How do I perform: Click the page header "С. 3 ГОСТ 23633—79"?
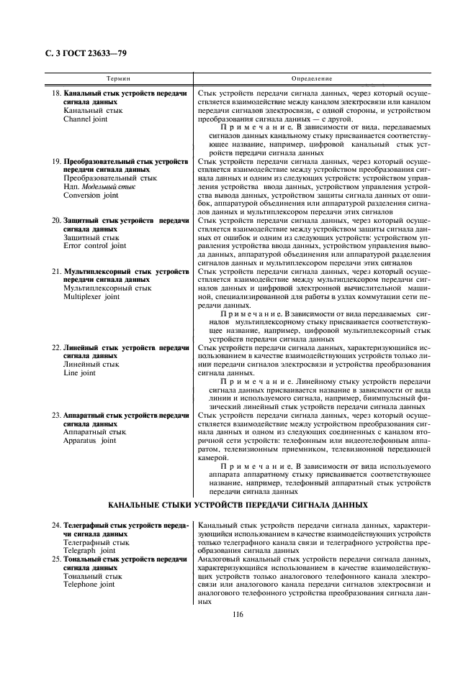[x=81, y=53]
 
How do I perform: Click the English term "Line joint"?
[x=79, y=373]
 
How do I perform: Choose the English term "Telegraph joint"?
[x=89, y=551]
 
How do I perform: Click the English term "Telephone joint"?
[x=89, y=585]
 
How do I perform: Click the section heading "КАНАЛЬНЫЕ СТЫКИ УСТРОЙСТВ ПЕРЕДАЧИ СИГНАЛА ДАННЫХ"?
[x=237, y=505]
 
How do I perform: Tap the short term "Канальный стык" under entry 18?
[x=93, y=111]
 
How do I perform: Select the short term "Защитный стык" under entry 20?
[x=91, y=237]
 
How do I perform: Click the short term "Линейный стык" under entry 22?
[x=91, y=365]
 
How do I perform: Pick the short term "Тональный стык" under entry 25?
[x=93, y=576]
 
